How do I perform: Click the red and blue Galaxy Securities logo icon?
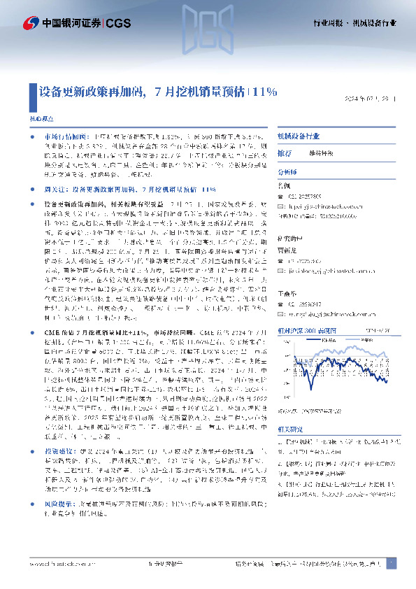click(x=31, y=23)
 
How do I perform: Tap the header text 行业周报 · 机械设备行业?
click(x=356, y=24)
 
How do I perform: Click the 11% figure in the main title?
click(x=265, y=91)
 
